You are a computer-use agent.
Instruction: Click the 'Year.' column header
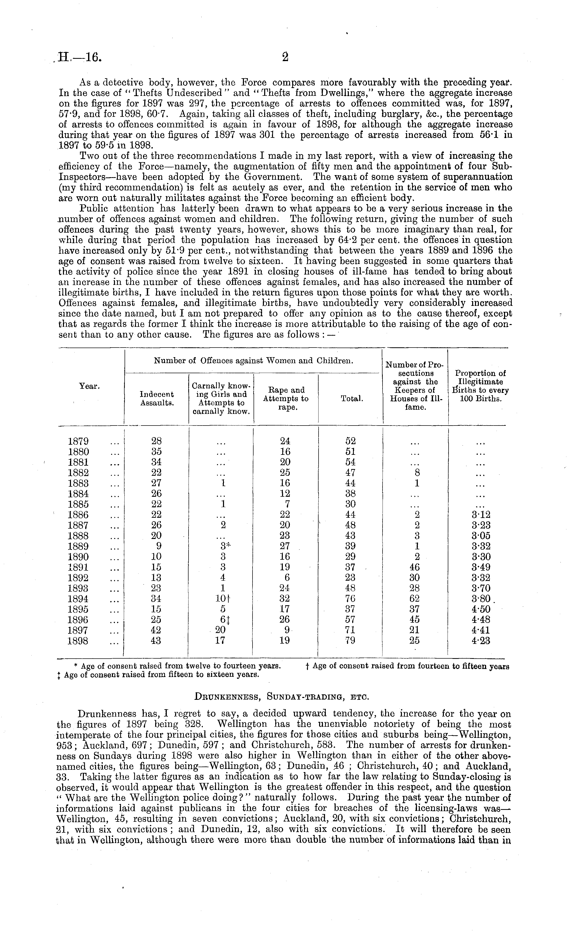coord(89,386)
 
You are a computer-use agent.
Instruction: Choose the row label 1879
coord(79,441)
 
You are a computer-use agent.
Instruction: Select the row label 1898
coord(79,641)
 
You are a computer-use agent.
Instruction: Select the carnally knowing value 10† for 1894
coord(222,599)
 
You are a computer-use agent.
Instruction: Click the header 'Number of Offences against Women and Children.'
coord(253,361)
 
